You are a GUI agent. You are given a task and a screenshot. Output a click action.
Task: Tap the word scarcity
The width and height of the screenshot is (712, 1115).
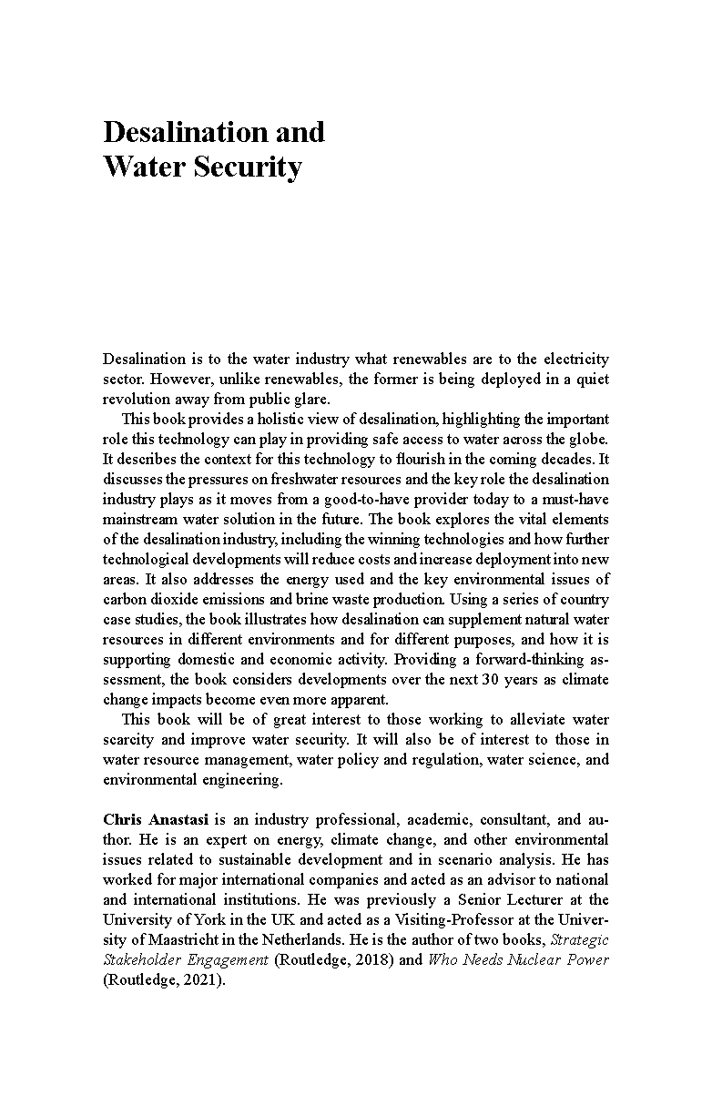(128, 739)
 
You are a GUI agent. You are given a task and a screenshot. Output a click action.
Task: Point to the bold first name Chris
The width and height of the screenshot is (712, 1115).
(122, 819)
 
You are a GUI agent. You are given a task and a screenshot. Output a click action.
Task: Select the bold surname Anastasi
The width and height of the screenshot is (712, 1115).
(179, 819)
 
